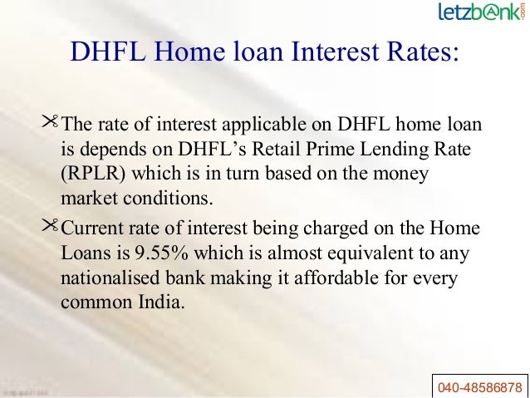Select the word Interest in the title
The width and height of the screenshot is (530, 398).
click(x=339, y=53)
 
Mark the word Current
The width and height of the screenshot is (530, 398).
click(x=92, y=225)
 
